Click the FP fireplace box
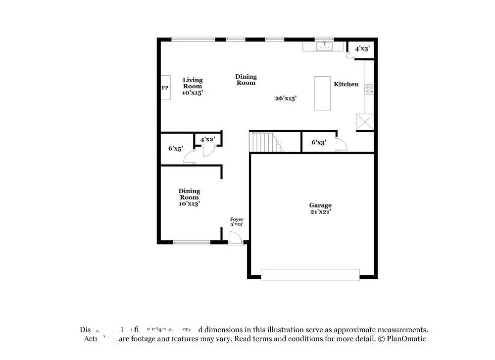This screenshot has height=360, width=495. click(x=165, y=88)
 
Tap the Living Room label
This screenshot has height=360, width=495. click(x=193, y=83)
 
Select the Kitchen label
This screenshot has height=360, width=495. click(x=346, y=84)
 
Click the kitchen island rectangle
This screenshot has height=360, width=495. click(x=322, y=93)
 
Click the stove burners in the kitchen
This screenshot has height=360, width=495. click(x=369, y=89)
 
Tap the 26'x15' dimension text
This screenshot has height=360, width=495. click(x=286, y=98)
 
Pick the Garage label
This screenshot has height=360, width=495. click(x=320, y=205)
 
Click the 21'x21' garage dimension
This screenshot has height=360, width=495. click(x=320, y=211)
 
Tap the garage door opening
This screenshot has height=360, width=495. click(x=310, y=275)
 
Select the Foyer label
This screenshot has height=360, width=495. click(x=237, y=219)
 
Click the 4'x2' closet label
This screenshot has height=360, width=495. click(x=207, y=140)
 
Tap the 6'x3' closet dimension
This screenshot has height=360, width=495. click(x=319, y=142)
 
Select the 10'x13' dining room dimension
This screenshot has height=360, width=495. click(x=189, y=203)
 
